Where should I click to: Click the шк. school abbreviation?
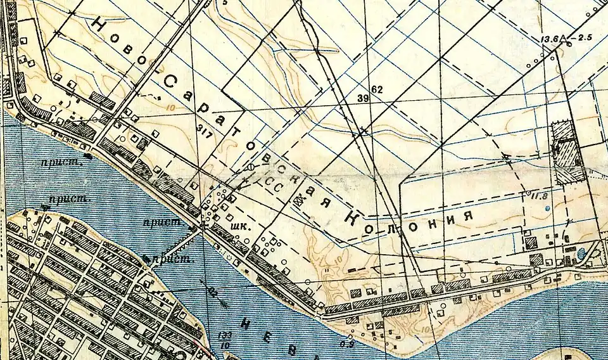tap(239, 225)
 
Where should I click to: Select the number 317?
tap(205, 131)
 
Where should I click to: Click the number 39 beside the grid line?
tap(363, 98)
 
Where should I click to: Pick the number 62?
tap(377, 89)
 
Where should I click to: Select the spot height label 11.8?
tap(539, 196)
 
